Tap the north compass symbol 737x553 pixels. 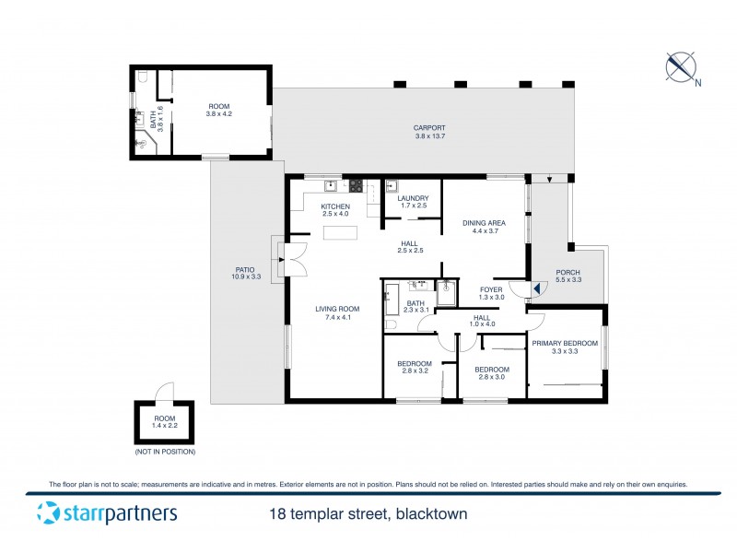click(681, 67)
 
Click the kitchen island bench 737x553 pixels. click(339, 231)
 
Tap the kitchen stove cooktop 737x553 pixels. click(356, 185)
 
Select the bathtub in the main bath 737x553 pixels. click(391, 300)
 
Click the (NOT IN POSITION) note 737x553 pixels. click(165, 452)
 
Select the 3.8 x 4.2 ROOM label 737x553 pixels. click(219, 112)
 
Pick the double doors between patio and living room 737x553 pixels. click(295, 257)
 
